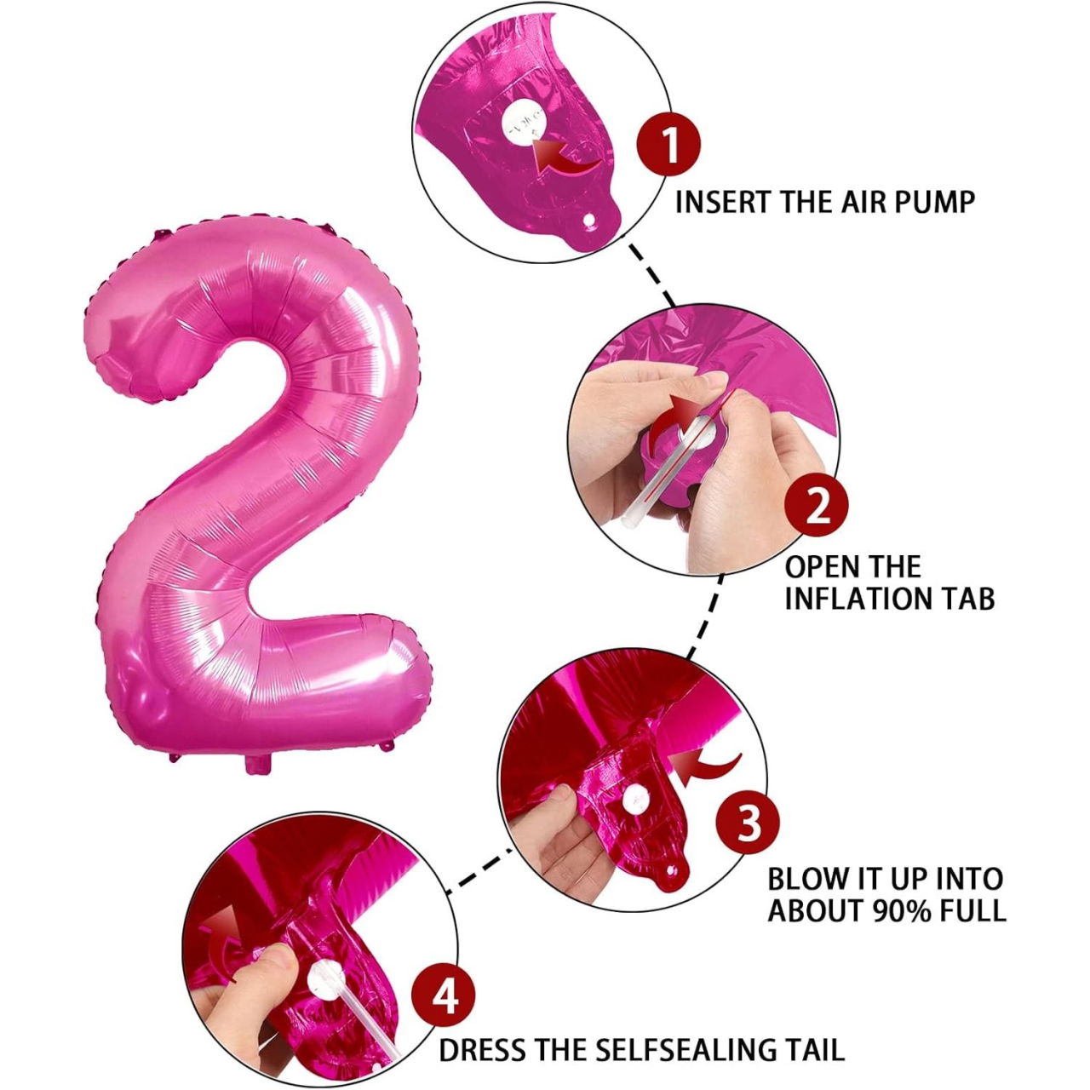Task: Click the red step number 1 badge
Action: point(670,144)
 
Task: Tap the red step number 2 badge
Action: point(817,507)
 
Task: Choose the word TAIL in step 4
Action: point(815,1049)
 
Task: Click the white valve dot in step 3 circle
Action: point(635,800)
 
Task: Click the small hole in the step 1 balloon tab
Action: point(588,221)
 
